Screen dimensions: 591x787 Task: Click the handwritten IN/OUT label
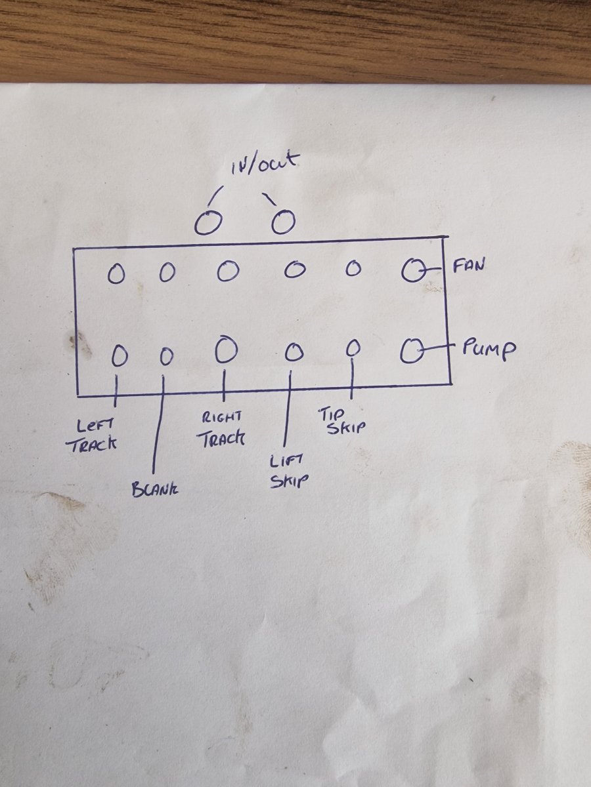(x=265, y=165)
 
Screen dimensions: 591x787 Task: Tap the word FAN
(x=469, y=266)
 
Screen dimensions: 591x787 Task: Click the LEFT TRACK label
(x=92, y=437)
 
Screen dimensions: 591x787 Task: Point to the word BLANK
(x=155, y=490)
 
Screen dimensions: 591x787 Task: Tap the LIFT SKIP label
(x=288, y=471)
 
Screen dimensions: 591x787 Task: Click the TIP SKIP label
(x=341, y=421)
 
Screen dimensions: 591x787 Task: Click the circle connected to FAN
(x=414, y=270)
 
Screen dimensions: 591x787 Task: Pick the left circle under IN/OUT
(x=208, y=223)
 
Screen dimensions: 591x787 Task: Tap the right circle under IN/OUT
(x=284, y=222)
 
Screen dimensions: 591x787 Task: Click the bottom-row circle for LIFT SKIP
(x=294, y=352)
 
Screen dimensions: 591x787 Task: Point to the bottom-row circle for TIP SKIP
(x=354, y=347)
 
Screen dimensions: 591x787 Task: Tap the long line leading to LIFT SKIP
(x=288, y=408)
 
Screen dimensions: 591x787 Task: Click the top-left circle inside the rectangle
(x=116, y=274)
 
